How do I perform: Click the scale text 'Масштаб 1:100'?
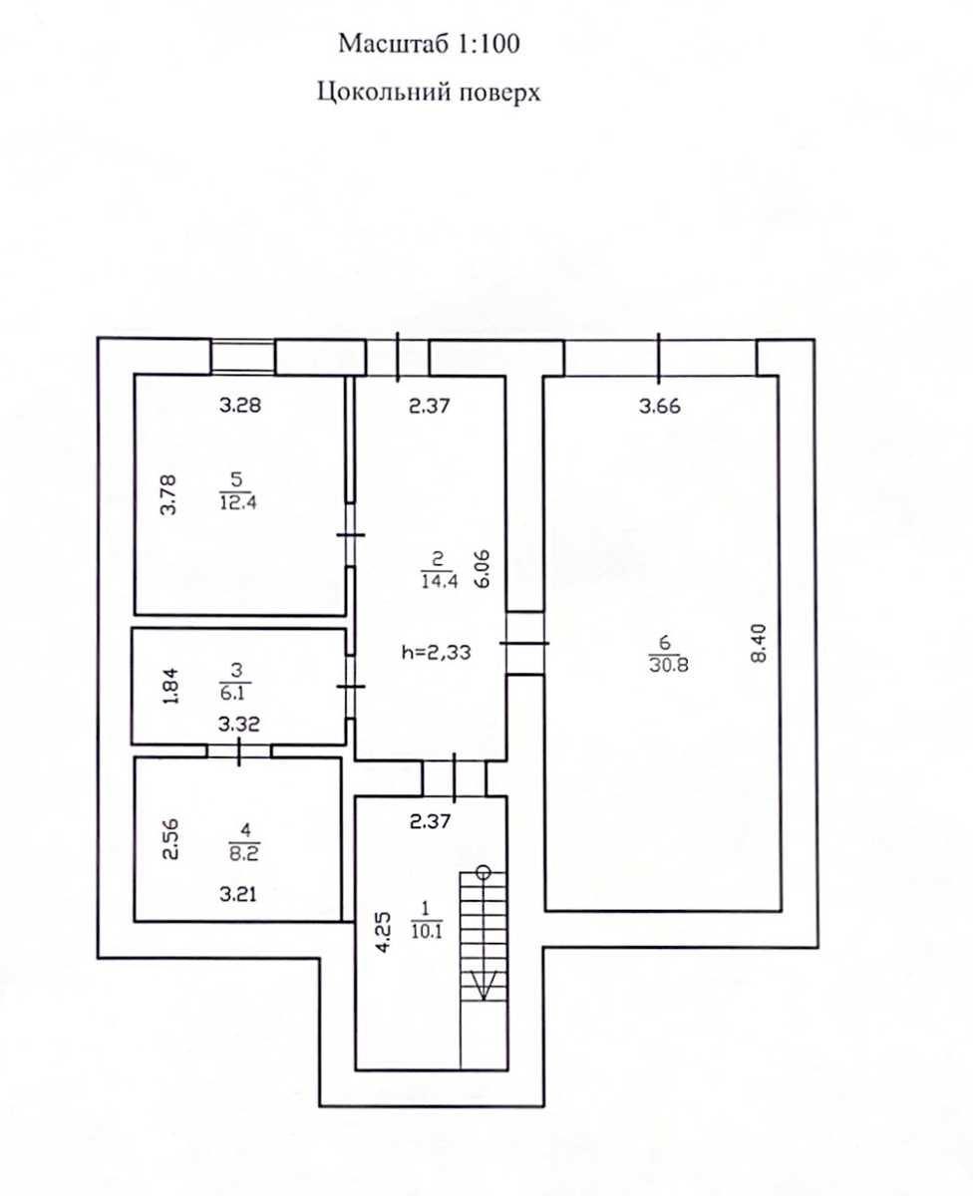click(429, 44)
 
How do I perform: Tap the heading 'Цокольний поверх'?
click(429, 92)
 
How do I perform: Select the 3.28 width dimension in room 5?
click(240, 405)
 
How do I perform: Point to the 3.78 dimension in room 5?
click(167, 494)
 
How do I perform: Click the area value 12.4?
click(238, 502)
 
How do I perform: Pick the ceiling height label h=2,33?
click(437, 653)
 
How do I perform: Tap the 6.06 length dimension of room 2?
click(482, 569)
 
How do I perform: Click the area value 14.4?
click(440, 581)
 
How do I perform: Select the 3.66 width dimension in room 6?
click(660, 406)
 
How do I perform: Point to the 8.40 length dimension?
click(759, 644)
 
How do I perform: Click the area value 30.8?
click(669, 666)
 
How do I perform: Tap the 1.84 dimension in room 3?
click(171, 686)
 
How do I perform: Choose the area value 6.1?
click(232, 693)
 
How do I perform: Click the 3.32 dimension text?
click(239, 725)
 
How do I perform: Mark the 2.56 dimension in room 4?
click(170, 839)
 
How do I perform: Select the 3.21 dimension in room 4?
click(238, 893)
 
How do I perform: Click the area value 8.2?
click(244, 854)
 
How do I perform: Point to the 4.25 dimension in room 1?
click(385, 933)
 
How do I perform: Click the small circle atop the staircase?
click(483, 872)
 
